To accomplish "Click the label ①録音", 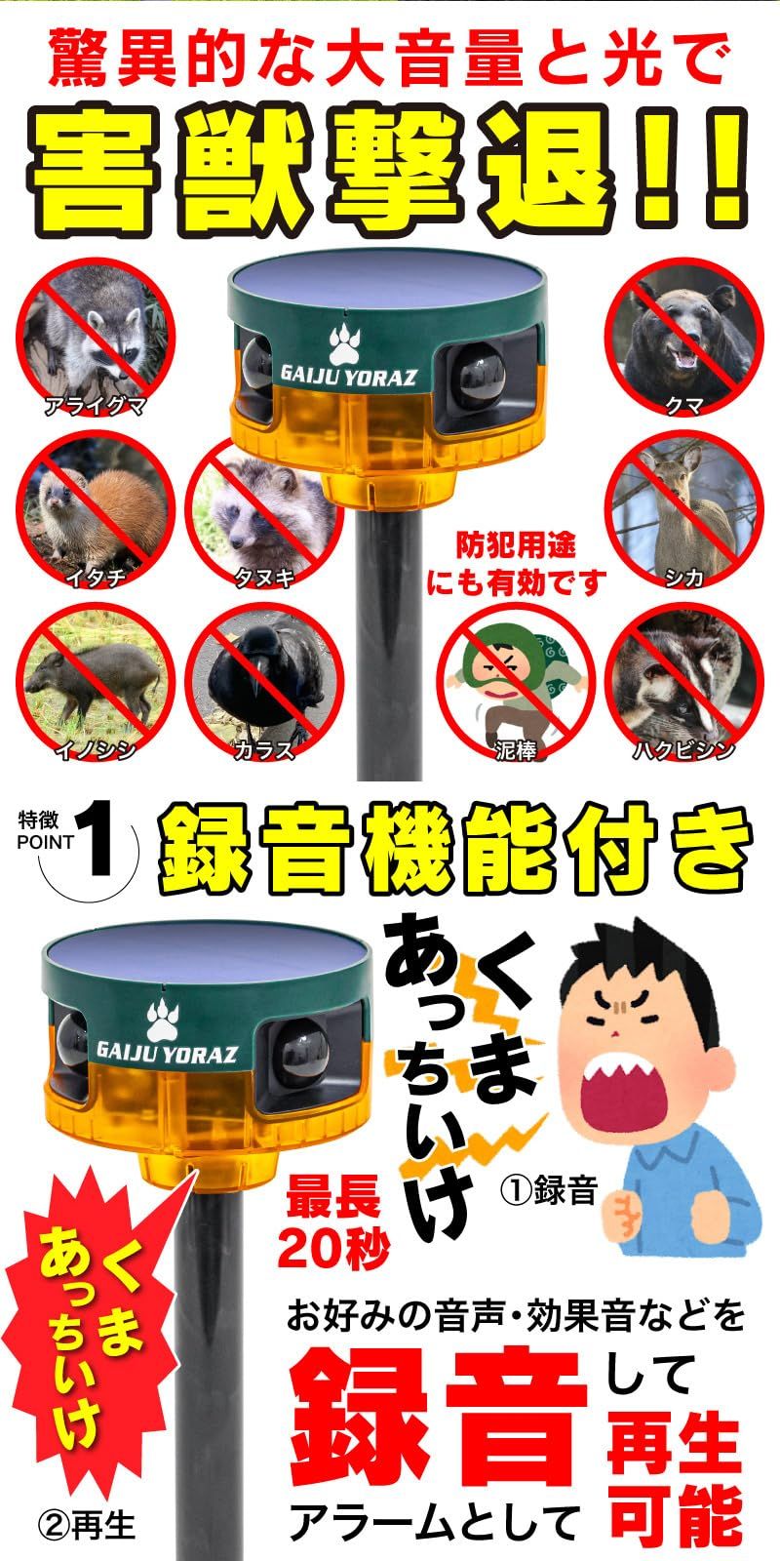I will [x=548, y=1191].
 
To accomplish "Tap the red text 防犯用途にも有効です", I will [x=517, y=564].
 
